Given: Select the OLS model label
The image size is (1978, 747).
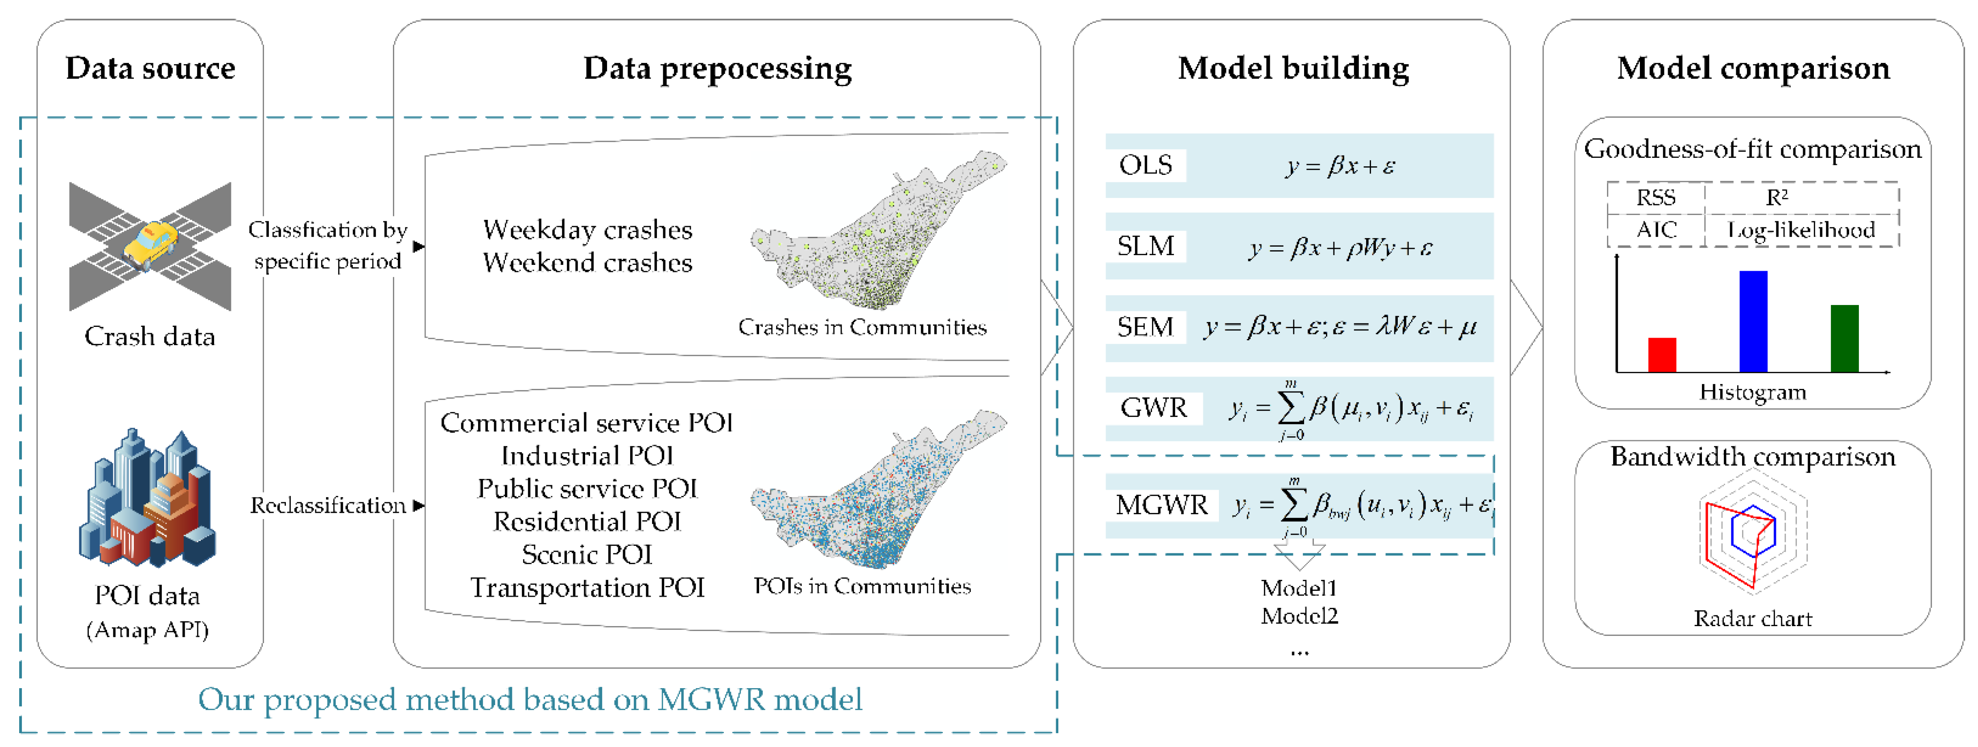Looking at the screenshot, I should coord(1145,165).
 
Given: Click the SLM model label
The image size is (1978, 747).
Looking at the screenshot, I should coord(1145,247).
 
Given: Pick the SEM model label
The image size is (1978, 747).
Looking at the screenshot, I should coord(1145,327).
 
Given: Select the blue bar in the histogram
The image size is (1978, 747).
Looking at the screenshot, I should coord(1753,321).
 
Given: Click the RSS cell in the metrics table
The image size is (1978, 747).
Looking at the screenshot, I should coord(1656,198).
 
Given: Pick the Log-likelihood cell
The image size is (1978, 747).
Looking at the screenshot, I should coord(1800,230).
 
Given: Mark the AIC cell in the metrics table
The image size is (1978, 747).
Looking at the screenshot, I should coord(1656,230).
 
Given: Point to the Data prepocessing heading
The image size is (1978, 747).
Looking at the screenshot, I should coord(717,68).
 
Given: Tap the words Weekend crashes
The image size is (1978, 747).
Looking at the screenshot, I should coord(587,263).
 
